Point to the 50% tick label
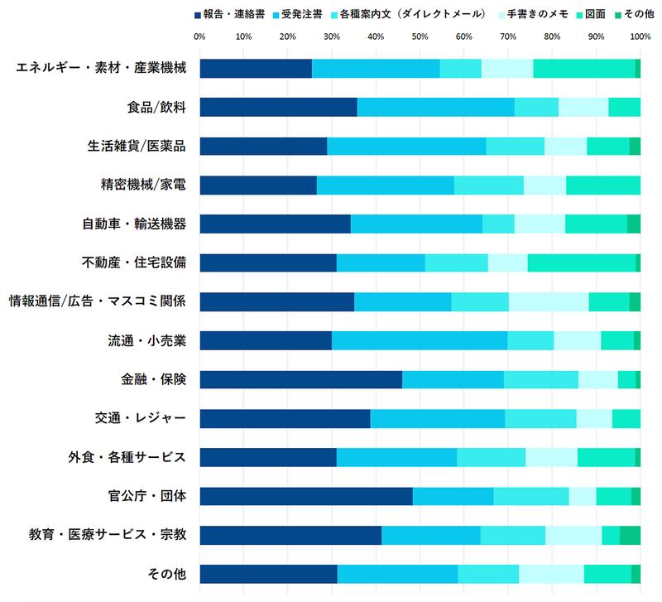(x=420, y=36)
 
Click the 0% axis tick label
(x=199, y=36)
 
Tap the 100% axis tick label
(x=640, y=36)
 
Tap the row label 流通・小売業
(x=146, y=340)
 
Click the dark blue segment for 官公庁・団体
(x=305, y=496)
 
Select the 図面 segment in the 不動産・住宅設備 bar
(x=581, y=262)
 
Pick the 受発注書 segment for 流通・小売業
(x=419, y=340)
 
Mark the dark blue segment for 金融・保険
(x=300, y=379)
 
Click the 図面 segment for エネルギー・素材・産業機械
(x=583, y=68)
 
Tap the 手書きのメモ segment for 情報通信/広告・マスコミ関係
(x=549, y=301)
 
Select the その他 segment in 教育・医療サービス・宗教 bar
(x=630, y=535)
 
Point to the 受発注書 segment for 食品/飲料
(x=435, y=107)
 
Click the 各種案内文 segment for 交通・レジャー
(x=540, y=418)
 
